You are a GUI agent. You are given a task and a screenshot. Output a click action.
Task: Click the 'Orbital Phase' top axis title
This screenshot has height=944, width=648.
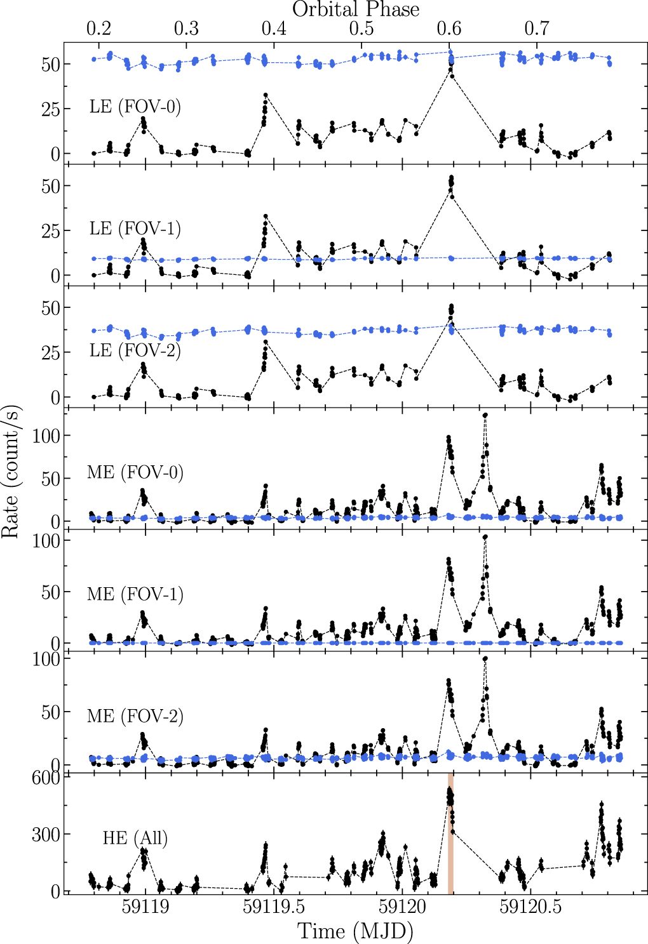pos(356,9)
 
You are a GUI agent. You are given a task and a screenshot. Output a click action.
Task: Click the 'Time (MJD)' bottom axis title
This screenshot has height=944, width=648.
pos(355,931)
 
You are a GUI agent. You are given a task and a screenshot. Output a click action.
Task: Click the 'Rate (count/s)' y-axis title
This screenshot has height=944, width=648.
pos(11,471)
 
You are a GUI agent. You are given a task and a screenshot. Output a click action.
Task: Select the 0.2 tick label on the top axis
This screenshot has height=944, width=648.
pos(98,29)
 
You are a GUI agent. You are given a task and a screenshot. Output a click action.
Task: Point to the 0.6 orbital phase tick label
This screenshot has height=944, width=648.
pos(449,29)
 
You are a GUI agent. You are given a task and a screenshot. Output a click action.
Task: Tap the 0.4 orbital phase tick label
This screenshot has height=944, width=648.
pos(274,29)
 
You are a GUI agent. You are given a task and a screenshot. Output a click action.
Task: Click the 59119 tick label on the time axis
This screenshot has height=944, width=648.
pos(145,907)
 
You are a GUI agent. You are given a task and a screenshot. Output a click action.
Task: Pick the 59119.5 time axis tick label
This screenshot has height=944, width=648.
pos(274,907)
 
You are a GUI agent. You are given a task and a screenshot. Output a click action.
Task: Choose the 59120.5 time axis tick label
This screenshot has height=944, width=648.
pos(530,907)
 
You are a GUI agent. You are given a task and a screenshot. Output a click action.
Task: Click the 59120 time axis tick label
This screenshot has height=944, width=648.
pos(402,907)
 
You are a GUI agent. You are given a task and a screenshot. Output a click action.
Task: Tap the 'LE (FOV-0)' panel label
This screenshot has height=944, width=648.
pos(135,107)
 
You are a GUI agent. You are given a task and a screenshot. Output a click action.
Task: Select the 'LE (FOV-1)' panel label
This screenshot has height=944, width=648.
pos(135,229)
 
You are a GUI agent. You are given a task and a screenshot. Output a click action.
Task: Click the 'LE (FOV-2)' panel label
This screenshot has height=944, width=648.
pos(135,350)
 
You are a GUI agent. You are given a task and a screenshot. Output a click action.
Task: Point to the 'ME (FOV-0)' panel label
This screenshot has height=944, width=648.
pos(135,472)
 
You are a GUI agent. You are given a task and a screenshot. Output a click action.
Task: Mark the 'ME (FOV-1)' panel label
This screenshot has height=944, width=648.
pos(135,594)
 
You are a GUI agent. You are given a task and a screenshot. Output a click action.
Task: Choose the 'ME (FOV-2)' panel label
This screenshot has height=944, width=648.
pos(135,716)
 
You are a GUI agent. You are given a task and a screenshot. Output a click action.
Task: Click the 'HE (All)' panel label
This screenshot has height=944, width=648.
pos(135,838)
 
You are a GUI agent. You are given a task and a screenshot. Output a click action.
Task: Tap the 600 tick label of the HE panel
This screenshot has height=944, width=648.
pos(46,778)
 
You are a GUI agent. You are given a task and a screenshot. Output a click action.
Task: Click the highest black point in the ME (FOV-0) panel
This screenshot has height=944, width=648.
pos(485,415)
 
